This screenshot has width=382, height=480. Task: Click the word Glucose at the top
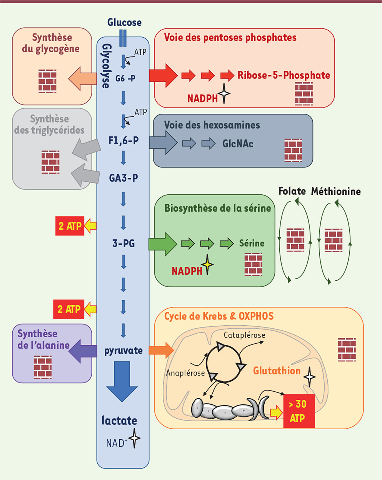point(125,22)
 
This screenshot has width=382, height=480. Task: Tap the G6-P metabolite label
point(125,78)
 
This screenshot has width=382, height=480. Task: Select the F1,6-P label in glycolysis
point(123,141)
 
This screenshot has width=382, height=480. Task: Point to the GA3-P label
point(123,178)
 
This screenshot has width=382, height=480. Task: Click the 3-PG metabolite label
point(123,243)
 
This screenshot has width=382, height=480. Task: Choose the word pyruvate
point(123,351)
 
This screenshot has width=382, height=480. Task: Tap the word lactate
point(119,420)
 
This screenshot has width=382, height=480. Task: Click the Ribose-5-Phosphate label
point(284,75)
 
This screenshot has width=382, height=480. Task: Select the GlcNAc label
point(238,144)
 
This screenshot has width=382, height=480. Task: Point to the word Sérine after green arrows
point(252,243)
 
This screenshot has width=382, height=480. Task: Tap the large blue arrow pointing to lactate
point(122,381)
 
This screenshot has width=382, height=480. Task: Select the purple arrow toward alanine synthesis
point(83,351)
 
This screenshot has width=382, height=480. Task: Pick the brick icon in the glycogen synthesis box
point(47,81)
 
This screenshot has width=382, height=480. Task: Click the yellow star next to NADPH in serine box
point(207,265)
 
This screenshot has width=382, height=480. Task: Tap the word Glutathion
point(277,371)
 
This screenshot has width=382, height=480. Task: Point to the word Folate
point(292,191)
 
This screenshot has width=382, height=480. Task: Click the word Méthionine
point(336,191)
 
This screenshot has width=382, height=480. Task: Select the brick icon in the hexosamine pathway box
point(293,150)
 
